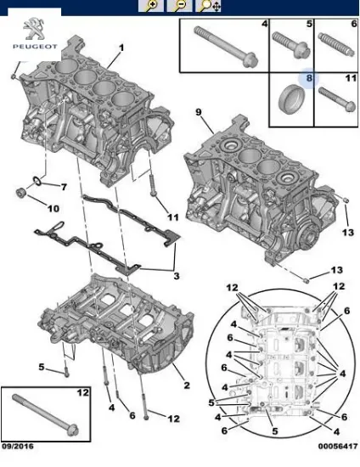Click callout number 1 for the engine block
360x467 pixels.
[x=121, y=47]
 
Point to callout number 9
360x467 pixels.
[x=198, y=112]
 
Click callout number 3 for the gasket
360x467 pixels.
[x=175, y=276]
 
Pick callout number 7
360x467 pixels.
[x=62, y=186]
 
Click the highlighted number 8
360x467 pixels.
[x=309, y=79]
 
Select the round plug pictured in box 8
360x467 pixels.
[x=289, y=101]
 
